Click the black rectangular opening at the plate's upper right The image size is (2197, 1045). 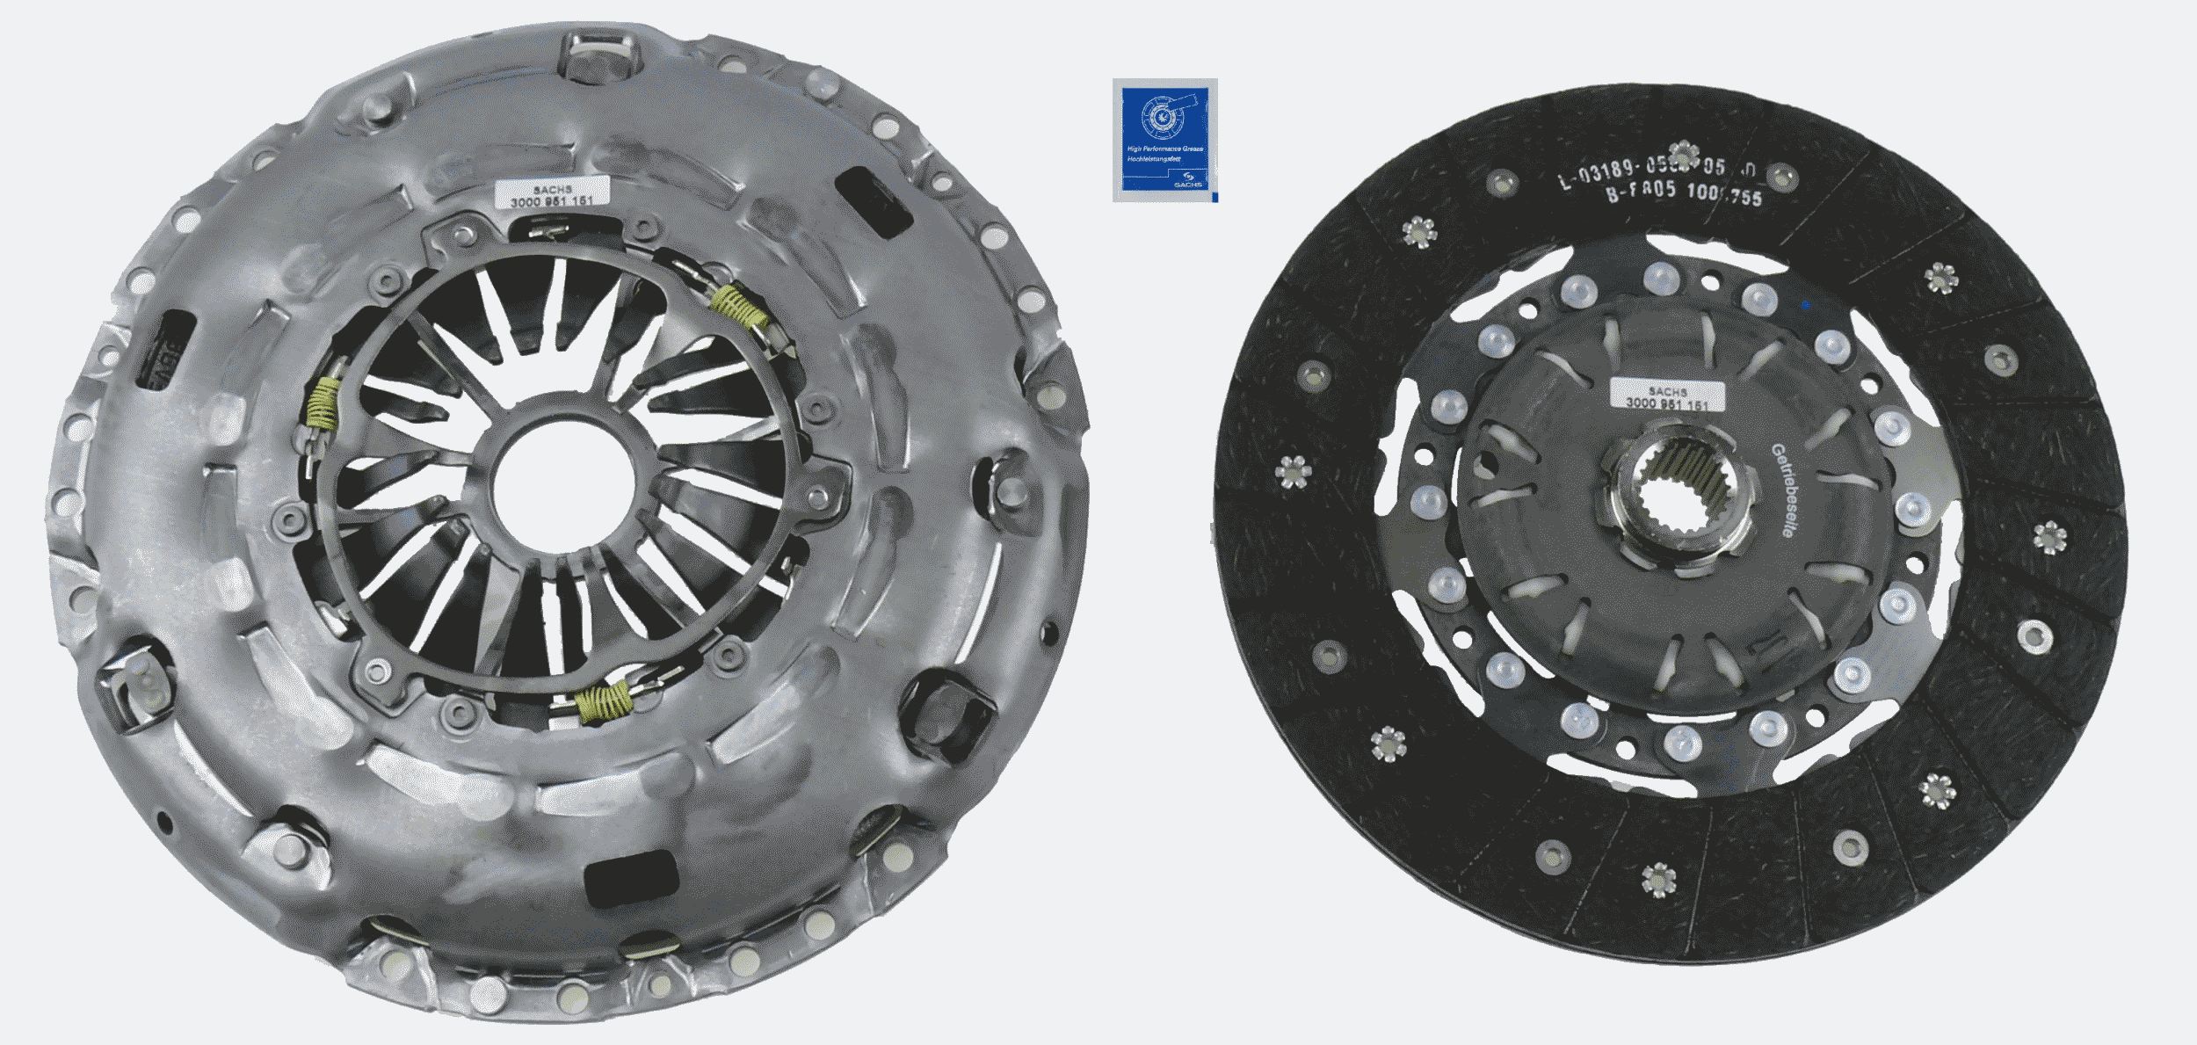click(x=872, y=198)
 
